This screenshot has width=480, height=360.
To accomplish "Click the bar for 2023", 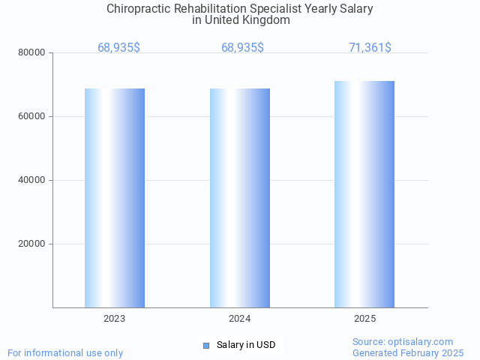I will click(115, 198).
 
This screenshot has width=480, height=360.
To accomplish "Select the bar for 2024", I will click(240, 198).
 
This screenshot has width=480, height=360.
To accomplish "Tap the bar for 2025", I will click(364, 194).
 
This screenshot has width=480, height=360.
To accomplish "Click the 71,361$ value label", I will click(370, 48).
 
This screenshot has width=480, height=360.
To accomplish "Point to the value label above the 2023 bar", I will click(118, 48).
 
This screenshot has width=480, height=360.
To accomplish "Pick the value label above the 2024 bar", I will click(242, 48).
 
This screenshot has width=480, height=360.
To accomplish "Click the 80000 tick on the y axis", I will click(32, 52).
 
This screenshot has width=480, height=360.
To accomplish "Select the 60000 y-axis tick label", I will click(32, 116).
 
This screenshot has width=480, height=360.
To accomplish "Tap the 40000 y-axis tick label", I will click(32, 180).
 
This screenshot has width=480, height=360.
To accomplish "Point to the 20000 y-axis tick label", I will click(32, 244).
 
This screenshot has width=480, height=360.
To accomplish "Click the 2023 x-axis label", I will click(115, 319).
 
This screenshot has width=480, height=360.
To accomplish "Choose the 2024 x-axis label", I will click(240, 319).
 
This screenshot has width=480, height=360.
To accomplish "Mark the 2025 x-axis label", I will click(364, 319).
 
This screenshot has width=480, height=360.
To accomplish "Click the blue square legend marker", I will click(206, 345).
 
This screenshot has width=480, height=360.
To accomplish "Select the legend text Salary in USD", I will click(246, 345).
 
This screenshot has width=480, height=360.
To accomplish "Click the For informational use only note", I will click(65, 352).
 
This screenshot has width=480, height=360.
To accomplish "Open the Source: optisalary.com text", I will click(403, 342).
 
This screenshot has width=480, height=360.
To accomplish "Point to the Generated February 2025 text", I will click(408, 352).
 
